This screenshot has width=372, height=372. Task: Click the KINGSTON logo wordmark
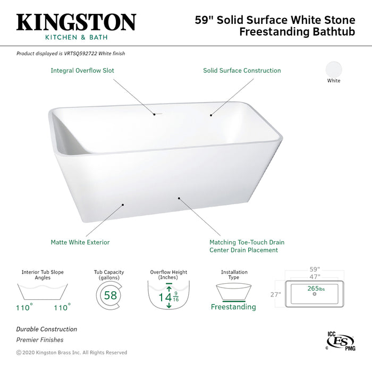point(76,22)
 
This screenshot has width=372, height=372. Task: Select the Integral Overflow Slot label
point(82,70)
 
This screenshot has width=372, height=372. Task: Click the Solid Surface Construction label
point(242,70)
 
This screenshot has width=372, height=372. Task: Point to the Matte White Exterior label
point(80,242)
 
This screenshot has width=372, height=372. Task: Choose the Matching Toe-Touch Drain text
point(243,242)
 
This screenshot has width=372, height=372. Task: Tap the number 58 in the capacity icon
point(111,295)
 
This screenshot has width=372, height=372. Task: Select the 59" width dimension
point(315,269)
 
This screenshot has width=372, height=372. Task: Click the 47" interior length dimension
point(315,277)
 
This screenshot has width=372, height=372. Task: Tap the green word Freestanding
point(233,307)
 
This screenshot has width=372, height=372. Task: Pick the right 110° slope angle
point(62,307)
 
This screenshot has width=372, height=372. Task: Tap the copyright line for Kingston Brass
point(72,352)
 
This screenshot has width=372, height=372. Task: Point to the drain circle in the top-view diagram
point(315,294)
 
